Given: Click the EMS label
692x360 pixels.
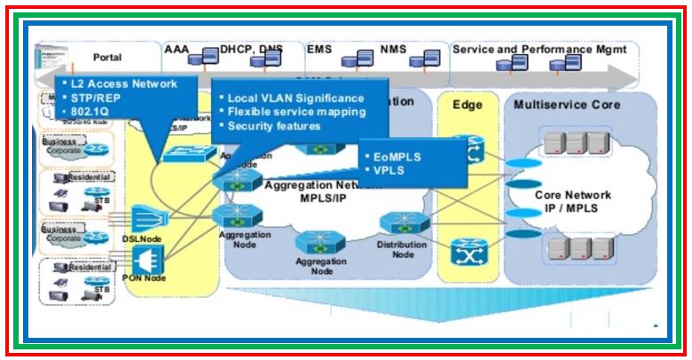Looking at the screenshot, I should (319, 51).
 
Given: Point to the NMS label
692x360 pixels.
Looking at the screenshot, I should (394, 51).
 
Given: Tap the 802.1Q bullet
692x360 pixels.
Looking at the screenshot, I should (91, 111).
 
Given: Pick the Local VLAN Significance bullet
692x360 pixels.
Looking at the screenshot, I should (295, 98).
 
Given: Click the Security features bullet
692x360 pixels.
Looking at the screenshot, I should (274, 126).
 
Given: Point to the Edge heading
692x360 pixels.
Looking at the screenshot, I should (468, 104).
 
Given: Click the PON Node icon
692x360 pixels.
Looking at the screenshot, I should (145, 260).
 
